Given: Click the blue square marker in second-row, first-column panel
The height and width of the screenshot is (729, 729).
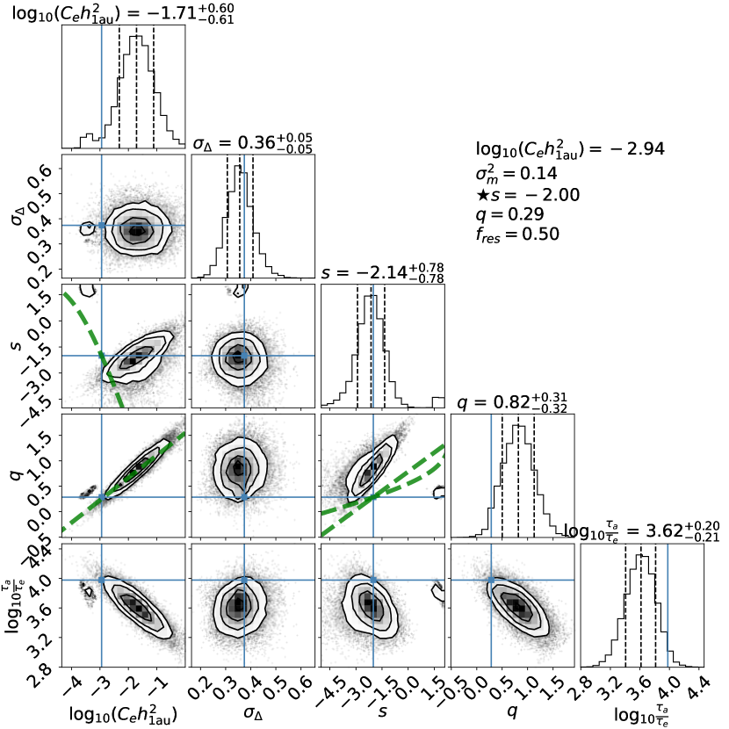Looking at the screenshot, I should (x=102, y=226).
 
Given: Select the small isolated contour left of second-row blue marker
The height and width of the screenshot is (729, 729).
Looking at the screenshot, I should (x=87, y=228).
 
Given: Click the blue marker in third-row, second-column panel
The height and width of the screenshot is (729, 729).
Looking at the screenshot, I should (x=244, y=356).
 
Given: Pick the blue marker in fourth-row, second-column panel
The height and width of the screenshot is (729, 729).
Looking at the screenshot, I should (x=244, y=497).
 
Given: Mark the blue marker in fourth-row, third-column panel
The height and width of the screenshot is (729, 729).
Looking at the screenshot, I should (x=373, y=497).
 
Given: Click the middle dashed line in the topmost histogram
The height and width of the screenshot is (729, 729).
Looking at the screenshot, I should (x=136, y=88).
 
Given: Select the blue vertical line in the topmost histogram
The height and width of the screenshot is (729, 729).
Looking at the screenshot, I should (x=102, y=88).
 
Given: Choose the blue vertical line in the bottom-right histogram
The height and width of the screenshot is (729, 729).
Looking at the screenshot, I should (x=668, y=606).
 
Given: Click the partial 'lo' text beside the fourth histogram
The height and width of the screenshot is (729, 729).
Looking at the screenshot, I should (x=568, y=531).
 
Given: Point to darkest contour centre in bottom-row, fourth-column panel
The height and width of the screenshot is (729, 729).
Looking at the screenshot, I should (x=518, y=607).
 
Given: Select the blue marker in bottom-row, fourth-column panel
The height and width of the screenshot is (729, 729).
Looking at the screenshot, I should (x=491, y=580).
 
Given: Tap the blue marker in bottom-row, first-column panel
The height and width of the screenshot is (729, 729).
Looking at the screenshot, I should (x=102, y=580).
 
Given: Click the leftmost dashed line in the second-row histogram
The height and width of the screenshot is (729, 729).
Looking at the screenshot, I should (x=227, y=220).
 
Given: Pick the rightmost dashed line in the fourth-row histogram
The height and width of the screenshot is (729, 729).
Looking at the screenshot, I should (x=534, y=474).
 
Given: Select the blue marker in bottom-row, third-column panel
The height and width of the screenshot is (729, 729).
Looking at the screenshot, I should (x=373, y=580).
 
